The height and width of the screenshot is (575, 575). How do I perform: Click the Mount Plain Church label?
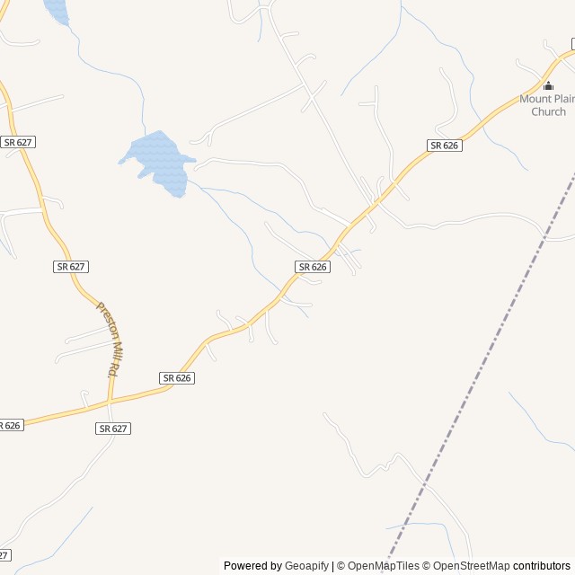[x=547, y=105]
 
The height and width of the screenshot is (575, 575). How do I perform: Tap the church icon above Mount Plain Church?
[x=548, y=86]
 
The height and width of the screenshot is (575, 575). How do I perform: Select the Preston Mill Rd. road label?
[x=109, y=338]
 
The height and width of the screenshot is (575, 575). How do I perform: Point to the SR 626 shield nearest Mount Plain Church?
[x=444, y=146]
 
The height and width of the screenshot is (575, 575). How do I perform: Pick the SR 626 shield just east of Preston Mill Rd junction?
[x=178, y=378]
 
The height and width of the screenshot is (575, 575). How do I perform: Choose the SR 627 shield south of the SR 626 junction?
[x=113, y=429]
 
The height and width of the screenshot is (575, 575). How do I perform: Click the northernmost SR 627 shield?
[x=18, y=142]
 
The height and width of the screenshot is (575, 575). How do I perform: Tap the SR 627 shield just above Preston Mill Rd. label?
[x=71, y=267]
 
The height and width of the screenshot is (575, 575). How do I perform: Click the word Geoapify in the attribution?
[x=306, y=566]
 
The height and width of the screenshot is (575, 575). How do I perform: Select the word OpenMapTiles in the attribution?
[x=383, y=566]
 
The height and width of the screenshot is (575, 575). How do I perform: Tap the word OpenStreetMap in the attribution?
[x=468, y=566]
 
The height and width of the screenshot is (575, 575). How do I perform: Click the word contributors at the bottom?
[x=542, y=566]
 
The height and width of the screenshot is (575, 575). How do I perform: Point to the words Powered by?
[x=252, y=566]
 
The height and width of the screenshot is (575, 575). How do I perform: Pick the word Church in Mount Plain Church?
[x=548, y=112]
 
